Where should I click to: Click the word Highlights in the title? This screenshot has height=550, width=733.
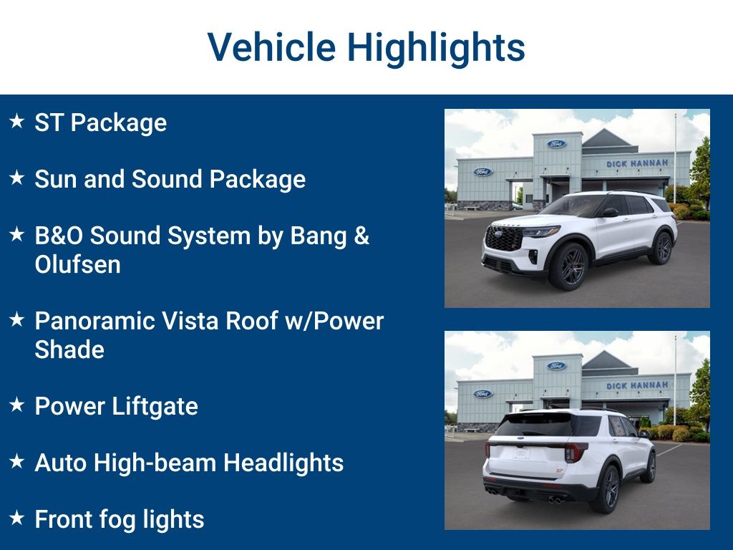click(437, 48)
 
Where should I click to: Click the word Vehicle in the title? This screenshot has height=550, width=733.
click(271, 48)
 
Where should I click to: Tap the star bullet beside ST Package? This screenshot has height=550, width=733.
click(16, 122)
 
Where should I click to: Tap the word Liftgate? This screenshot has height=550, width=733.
click(157, 406)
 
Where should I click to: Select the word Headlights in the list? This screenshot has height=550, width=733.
click(283, 463)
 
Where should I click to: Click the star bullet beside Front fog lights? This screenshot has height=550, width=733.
click(16, 518)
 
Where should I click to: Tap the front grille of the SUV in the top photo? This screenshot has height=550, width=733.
click(503, 238)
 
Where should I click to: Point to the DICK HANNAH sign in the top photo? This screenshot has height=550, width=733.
click(637, 163)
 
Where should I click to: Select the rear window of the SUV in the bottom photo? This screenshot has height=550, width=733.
click(533, 426)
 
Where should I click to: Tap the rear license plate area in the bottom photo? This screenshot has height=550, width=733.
click(521, 453)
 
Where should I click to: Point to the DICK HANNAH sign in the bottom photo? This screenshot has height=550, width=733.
click(637, 385)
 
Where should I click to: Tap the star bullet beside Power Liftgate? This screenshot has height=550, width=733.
click(16, 405)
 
